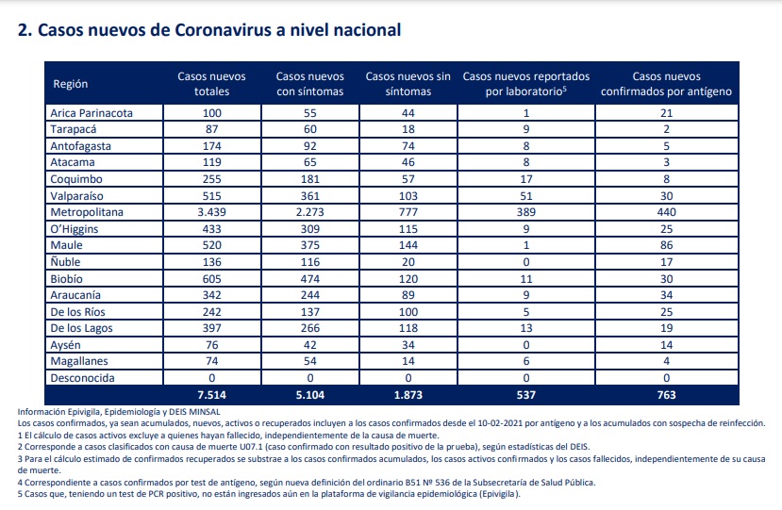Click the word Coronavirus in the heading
223,30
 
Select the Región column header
71,84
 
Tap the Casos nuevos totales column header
211,84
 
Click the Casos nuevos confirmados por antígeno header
666,84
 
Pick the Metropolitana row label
87,212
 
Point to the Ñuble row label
65,261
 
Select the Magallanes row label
79,361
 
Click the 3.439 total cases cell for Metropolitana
211,212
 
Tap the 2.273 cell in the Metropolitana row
309,212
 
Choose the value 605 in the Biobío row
211,279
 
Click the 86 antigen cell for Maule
666,245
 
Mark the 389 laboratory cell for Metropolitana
526,212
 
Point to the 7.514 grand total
211,395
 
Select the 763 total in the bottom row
666,395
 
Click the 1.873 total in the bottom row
408,395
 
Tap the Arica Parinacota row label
92,113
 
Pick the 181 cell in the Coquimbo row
309,179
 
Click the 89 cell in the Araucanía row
408,295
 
